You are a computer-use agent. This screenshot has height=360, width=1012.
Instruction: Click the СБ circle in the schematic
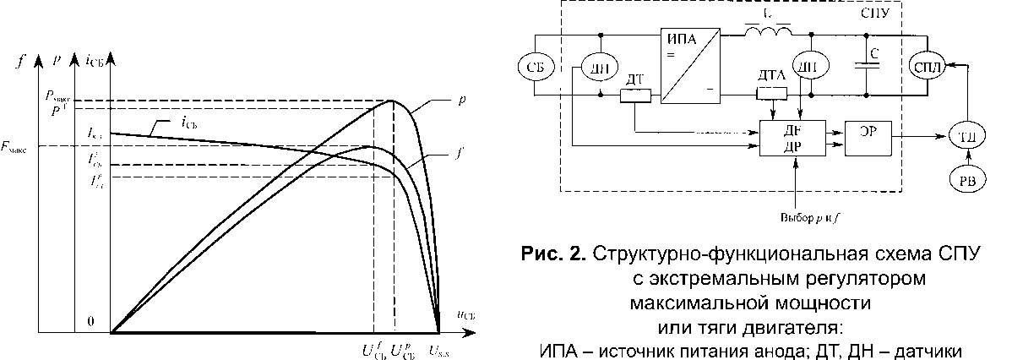[x=534, y=68]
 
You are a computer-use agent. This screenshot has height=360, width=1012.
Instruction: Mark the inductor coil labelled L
[x=768, y=32]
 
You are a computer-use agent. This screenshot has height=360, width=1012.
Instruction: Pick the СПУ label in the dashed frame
[x=879, y=15]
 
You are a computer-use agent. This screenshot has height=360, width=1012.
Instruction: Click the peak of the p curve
[x=393, y=101]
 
